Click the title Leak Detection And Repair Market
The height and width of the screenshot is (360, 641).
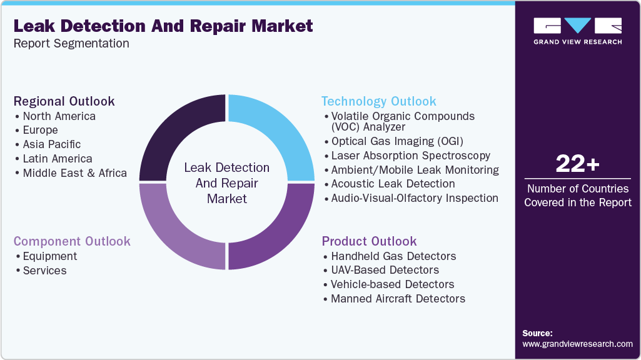pyautogui.click(x=163, y=26)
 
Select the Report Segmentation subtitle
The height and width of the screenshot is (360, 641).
pyautogui.click(x=71, y=44)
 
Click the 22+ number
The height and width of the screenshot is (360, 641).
pyautogui.click(x=577, y=164)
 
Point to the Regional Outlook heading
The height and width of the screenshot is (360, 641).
pyautogui.click(x=64, y=101)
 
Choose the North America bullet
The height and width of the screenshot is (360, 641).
pyautogui.click(x=59, y=116)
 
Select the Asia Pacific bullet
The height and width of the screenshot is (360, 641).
pyautogui.click(x=52, y=144)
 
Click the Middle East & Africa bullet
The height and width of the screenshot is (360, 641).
pyautogui.click(x=74, y=173)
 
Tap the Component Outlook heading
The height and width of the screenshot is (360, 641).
pyautogui.click(x=72, y=241)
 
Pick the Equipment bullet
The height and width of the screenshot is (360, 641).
pyautogui.click(x=50, y=256)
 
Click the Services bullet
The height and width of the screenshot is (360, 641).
pyautogui.click(x=44, y=271)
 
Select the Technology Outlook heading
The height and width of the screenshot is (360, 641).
pyautogui.click(x=379, y=101)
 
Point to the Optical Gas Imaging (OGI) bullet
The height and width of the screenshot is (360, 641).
pyautogui.click(x=398, y=141)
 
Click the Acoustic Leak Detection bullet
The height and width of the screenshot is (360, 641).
pyautogui.click(x=393, y=184)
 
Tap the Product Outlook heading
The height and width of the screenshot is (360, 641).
pyautogui.click(x=369, y=241)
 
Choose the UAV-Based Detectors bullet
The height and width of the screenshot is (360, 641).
pyautogui.click(x=385, y=270)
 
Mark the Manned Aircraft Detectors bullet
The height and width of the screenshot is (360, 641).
pyautogui.click(x=398, y=299)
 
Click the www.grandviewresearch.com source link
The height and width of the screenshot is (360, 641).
pyautogui.click(x=577, y=344)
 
